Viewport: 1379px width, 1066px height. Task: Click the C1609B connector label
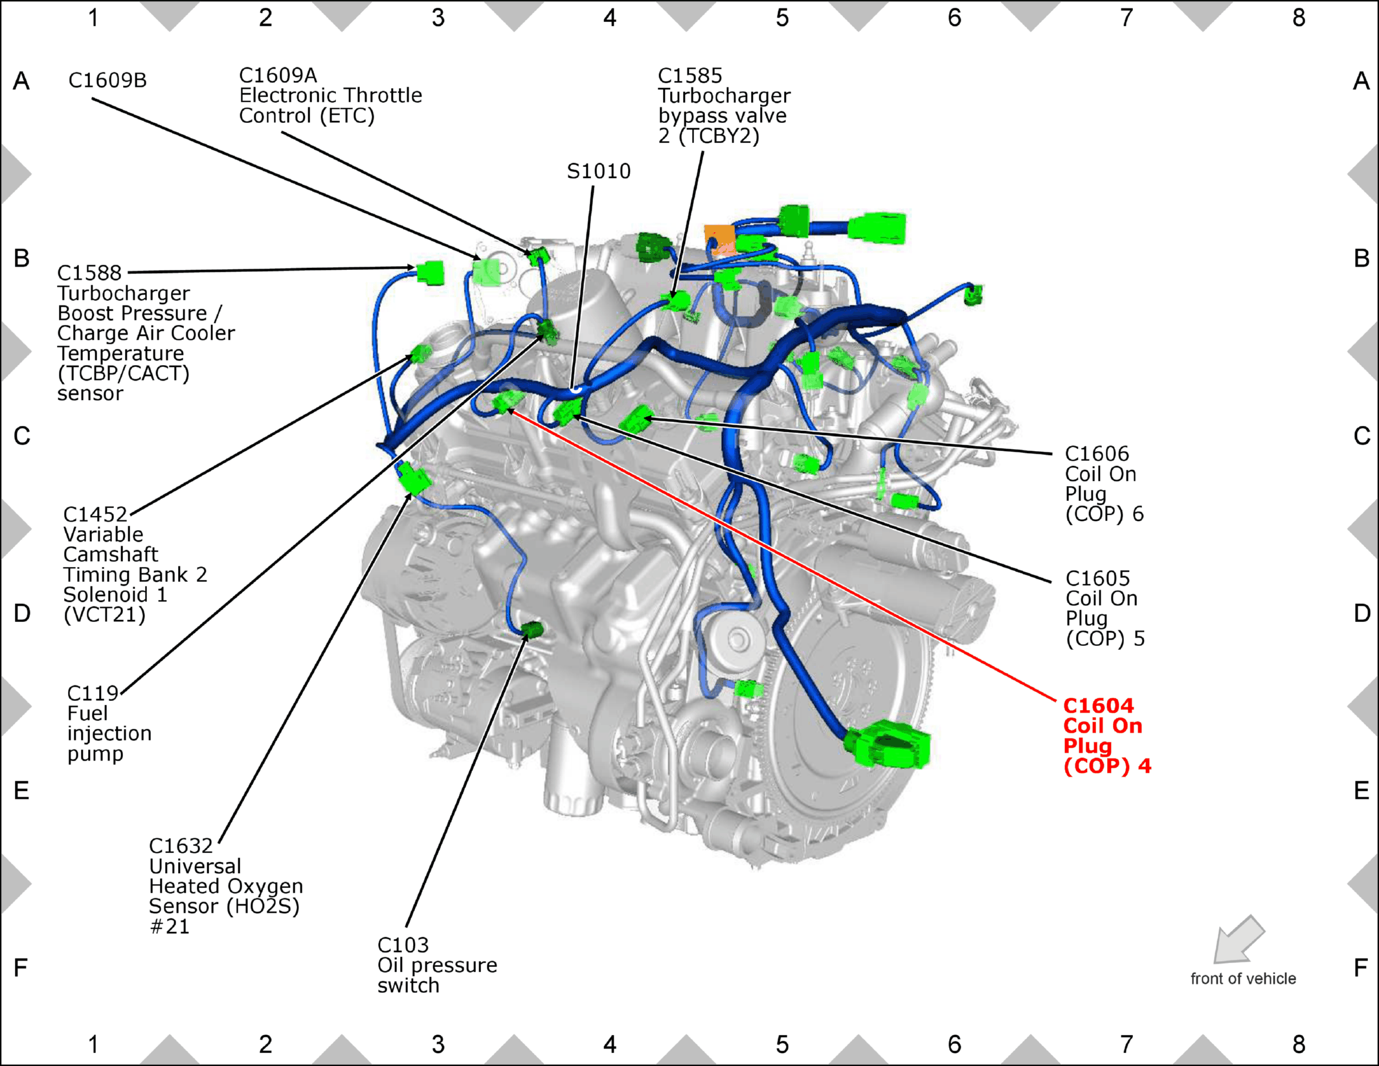107,80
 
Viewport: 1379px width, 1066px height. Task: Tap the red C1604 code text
1099,705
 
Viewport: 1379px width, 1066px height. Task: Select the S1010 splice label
598,171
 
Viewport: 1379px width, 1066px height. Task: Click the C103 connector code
403,945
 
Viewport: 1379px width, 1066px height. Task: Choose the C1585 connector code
689,76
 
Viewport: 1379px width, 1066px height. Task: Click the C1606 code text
1097,454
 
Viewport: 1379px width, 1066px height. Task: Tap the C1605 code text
1097,578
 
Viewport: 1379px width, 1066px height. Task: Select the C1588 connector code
89,273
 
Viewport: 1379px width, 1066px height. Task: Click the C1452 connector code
95,515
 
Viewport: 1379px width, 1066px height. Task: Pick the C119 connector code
93,693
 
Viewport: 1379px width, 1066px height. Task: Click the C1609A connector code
278,76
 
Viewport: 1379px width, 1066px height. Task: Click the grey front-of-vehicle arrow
1238,940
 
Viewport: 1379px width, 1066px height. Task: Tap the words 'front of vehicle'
1243,979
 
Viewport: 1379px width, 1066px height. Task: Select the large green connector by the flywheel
888,744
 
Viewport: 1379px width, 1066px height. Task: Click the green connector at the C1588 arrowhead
431,272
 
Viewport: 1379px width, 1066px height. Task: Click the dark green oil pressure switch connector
532,629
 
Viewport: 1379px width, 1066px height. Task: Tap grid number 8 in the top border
1299,18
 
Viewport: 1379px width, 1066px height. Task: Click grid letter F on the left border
21,968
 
